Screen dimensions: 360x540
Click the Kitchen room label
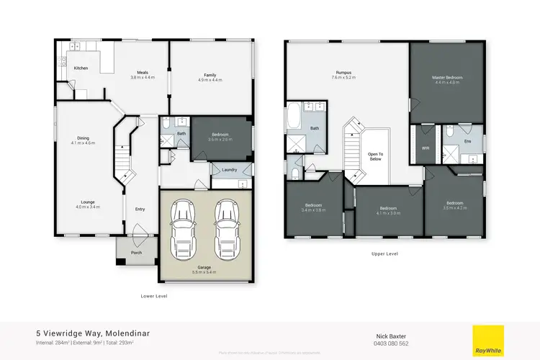81,68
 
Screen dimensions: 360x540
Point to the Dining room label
84,138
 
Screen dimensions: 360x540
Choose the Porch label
135,251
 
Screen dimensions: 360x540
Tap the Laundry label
230,170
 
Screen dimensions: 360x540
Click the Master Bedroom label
446,77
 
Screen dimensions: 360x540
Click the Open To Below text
376,157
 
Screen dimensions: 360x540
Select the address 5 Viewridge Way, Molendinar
93,333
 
